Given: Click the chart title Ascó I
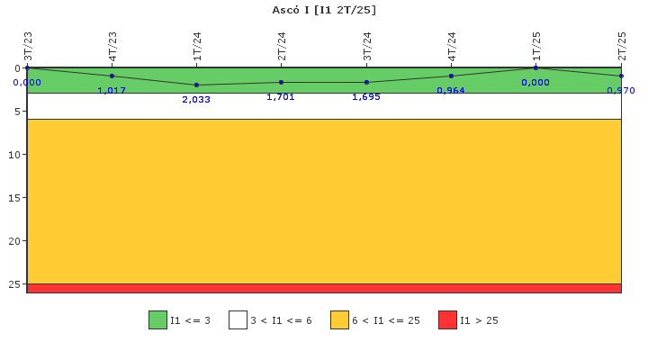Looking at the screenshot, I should tap(324, 10).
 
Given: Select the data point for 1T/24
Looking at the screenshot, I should tap(196, 85).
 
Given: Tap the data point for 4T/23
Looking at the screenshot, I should tap(112, 76).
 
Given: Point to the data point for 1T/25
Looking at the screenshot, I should tap(535, 67).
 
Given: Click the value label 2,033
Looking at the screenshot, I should tap(196, 100).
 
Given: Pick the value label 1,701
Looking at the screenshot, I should tap(281, 97).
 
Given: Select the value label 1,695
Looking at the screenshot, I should tap(366, 97).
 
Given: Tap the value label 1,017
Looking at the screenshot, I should tap(112, 91).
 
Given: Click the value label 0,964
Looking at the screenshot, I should tap(451, 91).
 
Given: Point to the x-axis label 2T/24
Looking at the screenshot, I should tap(282, 46).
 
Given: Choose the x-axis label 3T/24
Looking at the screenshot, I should tap(367, 46).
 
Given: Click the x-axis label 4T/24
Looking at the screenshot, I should tap(452, 46).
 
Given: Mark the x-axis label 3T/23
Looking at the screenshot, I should tap(28, 46).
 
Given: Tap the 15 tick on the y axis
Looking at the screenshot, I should tap(14, 198).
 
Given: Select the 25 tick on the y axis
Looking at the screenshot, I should tap(14, 284).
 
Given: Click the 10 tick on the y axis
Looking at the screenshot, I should tap(14, 155).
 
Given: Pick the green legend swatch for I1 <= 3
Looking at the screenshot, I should tap(157, 320).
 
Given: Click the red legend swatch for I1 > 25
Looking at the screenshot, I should tap(447, 320).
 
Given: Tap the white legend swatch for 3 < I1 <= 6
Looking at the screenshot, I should tap(238, 320).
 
